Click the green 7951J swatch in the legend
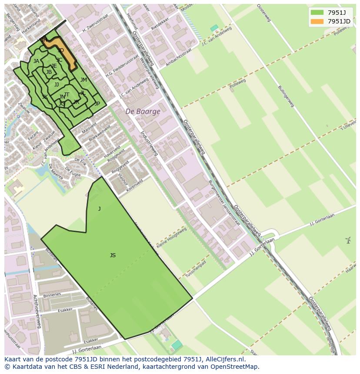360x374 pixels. click(x=317, y=12)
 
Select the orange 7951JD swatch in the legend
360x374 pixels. click(x=317, y=21)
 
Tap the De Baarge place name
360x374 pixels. click(x=143, y=111)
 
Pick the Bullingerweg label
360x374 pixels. click(x=286, y=96)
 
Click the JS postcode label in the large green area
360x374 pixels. click(x=113, y=255)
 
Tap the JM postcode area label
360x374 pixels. click(x=83, y=80)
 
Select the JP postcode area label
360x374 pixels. click(x=97, y=104)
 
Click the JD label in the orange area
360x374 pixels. click(x=61, y=50)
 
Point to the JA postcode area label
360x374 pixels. click(x=36, y=61)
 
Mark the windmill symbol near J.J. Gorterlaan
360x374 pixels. click(x=348, y=240)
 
